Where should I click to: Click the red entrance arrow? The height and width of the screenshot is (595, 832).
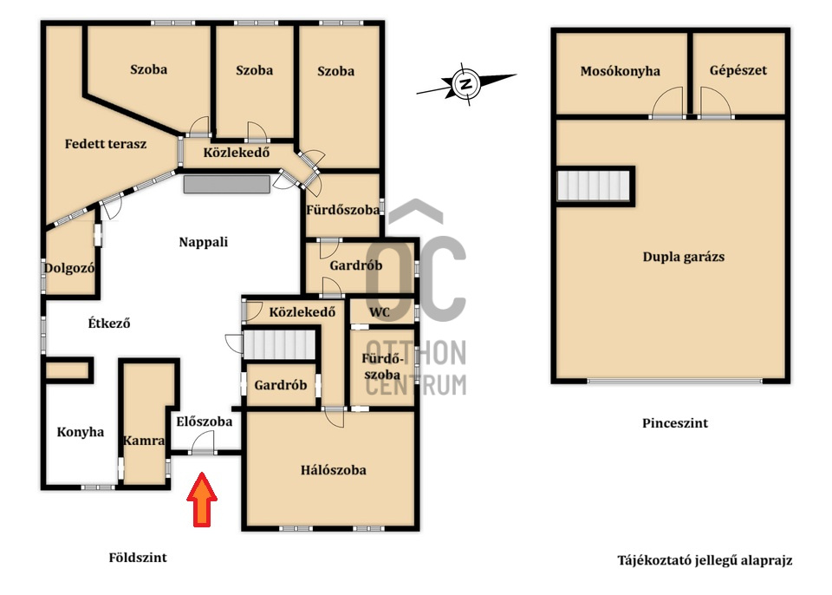[x=202, y=500]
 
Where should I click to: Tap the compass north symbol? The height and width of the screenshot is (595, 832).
[x=466, y=84]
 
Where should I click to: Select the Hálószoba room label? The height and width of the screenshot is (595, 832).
[x=333, y=470]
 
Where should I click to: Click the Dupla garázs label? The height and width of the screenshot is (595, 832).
[x=684, y=257]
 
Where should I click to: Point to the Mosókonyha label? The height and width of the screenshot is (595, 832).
[x=621, y=71]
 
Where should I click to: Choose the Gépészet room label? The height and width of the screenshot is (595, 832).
[x=738, y=70]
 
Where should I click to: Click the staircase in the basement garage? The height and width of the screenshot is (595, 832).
[x=594, y=186]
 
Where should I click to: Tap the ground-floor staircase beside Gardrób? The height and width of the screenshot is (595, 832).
[x=279, y=345]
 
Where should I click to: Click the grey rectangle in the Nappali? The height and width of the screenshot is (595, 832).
[x=227, y=185]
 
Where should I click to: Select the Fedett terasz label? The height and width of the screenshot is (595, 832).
[x=106, y=144]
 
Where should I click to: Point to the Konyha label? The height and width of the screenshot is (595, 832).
[x=81, y=432]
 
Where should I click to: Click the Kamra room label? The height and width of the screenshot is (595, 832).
[x=144, y=441]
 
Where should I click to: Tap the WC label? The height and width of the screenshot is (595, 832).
[x=380, y=312]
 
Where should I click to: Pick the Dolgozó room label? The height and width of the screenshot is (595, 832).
[x=69, y=268]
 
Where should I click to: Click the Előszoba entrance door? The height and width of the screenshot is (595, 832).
[x=203, y=444]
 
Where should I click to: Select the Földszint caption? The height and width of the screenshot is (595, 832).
[x=138, y=558]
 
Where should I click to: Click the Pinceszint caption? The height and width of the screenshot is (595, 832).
[x=675, y=423]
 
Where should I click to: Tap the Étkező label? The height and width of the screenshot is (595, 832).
[x=109, y=324]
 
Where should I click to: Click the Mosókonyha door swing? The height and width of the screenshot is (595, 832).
[x=667, y=102]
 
